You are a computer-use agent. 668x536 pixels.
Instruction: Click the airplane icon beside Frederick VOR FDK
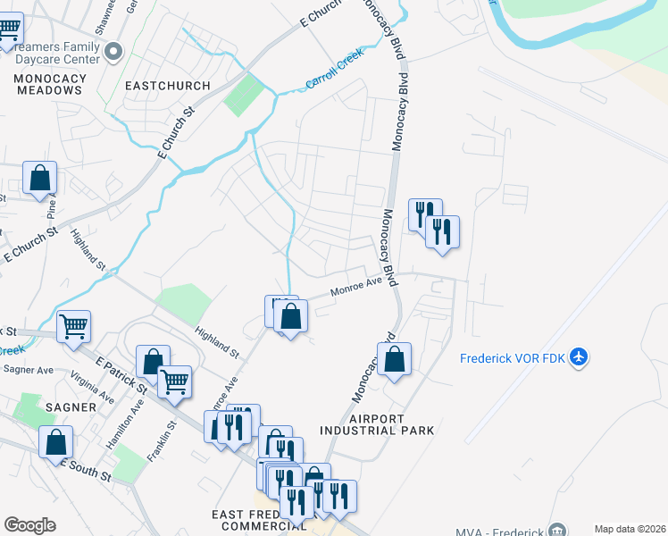click(579, 357)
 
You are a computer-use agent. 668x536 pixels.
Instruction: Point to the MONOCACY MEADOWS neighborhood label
click(50, 84)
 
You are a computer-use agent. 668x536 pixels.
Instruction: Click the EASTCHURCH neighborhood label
click(168, 86)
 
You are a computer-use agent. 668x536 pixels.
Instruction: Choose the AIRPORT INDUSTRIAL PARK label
click(391, 424)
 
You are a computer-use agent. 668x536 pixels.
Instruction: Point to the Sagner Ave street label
click(29, 369)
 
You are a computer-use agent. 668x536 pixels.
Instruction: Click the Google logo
click(29, 525)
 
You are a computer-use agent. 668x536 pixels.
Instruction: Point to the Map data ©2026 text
click(630, 529)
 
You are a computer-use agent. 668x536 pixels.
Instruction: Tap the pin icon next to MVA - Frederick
click(558, 530)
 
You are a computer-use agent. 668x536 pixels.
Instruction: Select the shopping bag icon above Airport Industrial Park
click(394, 359)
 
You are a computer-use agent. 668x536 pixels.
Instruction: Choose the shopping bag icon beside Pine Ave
click(40, 178)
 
